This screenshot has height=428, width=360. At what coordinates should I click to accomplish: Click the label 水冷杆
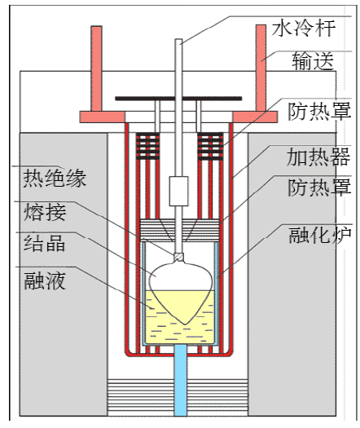(x=303, y=29)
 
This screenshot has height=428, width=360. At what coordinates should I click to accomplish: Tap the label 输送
(x=313, y=60)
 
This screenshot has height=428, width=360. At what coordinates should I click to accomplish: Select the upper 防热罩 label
(x=319, y=111)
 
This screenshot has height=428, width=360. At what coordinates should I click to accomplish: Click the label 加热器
(x=318, y=157)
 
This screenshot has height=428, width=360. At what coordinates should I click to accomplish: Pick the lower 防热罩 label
(x=319, y=188)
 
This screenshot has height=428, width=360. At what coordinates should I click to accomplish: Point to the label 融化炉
(x=320, y=235)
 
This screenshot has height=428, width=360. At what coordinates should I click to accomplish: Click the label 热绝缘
(x=55, y=179)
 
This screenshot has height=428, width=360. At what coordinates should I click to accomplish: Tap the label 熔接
(x=45, y=212)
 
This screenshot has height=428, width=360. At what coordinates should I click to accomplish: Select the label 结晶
(x=44, y=243)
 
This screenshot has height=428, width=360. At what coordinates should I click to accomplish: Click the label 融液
(x=45, y=280)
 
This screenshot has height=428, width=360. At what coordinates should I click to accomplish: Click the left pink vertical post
(x=96, y=68)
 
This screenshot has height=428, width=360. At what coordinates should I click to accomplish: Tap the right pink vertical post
(x=261, y=68)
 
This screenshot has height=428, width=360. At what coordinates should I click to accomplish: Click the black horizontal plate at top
(x=178, y=99)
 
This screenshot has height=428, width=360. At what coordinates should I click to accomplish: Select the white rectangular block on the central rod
(x=178, y=191)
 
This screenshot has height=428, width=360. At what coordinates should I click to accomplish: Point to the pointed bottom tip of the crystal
(x=185, y=324)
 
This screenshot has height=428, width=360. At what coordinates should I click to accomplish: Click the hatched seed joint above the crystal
(x=178, y=257)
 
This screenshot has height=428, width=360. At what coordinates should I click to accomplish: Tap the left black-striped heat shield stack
(x=147, y=146)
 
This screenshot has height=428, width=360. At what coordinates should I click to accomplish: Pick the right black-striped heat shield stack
(x=210, y=146)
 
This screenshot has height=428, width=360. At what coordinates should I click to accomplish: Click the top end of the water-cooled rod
(x=178, y=40)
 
